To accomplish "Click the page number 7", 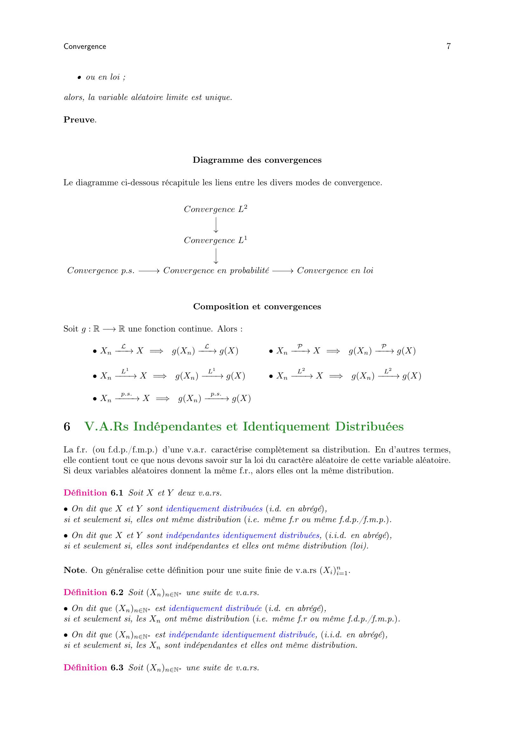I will click(x=449, y=46).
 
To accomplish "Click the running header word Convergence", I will click(x=85, y=47).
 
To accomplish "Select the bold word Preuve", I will click(x=79, y=120).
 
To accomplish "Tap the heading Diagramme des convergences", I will click(x=257, y=160).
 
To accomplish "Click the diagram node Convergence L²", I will click(x=216, y=209).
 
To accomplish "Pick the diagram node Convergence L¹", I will click(x=216, y=240).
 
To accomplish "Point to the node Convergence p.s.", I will click(x=101, y=271).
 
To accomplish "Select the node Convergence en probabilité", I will click(x=216, y=271).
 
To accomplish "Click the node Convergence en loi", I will click(x=335, y=271).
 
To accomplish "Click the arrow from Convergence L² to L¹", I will click(x=216, y=225).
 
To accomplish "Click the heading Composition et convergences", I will click(x=257, y=306).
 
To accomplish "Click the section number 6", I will click(x=67, y=427).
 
